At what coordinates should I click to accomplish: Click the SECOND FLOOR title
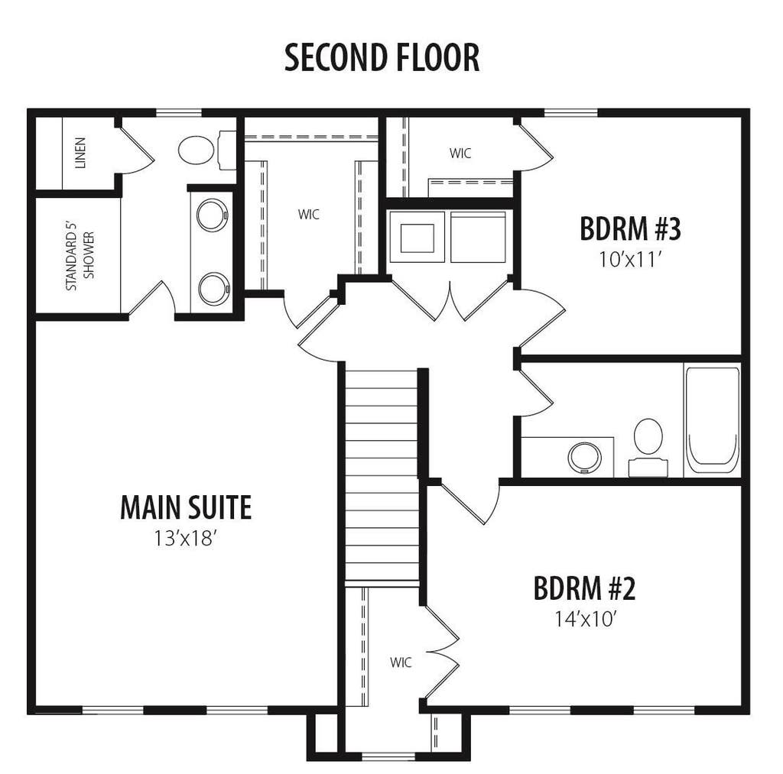[x=382, y=57]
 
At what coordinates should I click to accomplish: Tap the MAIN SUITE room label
[x=186, y=507]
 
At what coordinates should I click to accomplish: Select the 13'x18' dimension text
[x=186, y=539]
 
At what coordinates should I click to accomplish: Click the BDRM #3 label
[x=631, y=228]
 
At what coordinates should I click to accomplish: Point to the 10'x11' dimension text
[x=631, y=260]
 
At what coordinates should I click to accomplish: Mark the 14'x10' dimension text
[x=583, y=620]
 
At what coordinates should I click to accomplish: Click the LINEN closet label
[x=80, y=153]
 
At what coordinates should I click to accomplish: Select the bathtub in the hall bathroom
[x=713, y=420]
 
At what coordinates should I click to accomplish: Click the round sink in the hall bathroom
[x=585, y=458]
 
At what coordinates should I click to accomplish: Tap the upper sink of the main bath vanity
[x=213, y=215]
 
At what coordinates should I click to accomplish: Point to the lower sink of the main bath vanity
[x=214, y=289]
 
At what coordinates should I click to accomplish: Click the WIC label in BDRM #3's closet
[x=460, y=154]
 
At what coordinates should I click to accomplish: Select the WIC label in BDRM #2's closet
[x=401, y=662]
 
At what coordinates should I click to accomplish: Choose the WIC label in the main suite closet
[x=309, y=215]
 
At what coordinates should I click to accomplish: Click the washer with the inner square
[x=417, y=237]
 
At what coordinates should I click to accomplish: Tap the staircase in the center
[x=382, y=474]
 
